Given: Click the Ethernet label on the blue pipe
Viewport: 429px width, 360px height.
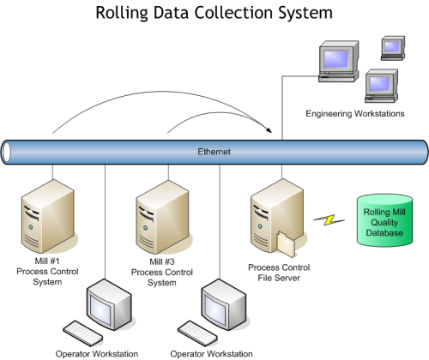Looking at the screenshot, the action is click(214, 152).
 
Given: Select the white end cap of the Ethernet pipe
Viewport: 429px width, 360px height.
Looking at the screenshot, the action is click(6, 152).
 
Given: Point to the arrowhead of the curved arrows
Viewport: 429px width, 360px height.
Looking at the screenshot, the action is click(269, 129).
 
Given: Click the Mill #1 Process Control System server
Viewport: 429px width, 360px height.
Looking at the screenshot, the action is click(48, 216).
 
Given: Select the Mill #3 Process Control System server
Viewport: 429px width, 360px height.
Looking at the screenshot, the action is click(162, 217).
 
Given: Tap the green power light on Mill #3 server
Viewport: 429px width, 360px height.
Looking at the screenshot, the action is click(145, 228).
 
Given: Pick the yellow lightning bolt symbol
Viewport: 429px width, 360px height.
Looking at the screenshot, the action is click(329, 219).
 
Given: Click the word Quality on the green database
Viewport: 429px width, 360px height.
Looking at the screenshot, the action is click(384, 223).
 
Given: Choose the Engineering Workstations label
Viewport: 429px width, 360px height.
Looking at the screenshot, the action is click(355, 114).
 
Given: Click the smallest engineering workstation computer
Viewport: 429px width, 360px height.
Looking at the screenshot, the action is click(393, 48).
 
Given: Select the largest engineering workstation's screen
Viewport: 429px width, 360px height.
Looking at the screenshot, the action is click(335, 59).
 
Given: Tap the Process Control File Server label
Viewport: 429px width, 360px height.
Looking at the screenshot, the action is click(279, 273).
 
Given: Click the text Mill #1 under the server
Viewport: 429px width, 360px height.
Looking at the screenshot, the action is click(47, 261).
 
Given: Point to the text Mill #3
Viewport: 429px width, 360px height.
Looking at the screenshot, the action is click(162, 261).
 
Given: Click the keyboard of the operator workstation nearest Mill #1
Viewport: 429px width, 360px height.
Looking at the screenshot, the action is click(83, 333).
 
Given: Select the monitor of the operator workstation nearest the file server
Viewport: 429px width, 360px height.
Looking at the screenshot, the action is click(223, 304).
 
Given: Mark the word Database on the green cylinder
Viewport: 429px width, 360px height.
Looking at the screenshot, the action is click(384, 233).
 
